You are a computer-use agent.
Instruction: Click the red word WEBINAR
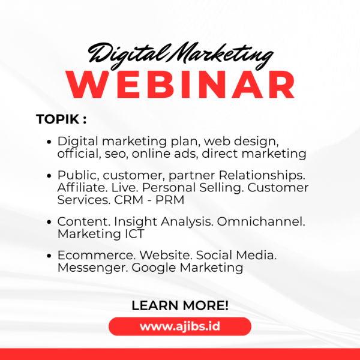pos(180,86)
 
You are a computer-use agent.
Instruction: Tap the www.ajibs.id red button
pos(180,327)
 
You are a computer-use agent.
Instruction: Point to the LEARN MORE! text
pos(180,305)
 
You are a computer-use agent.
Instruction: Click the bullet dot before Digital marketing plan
pos(49,143)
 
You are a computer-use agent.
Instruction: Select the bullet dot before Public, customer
pos(49,176)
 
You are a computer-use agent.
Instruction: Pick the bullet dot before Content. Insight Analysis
pos(49,222)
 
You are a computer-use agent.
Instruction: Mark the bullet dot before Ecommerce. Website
pos(49,256)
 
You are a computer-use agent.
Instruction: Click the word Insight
pos(131,221)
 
